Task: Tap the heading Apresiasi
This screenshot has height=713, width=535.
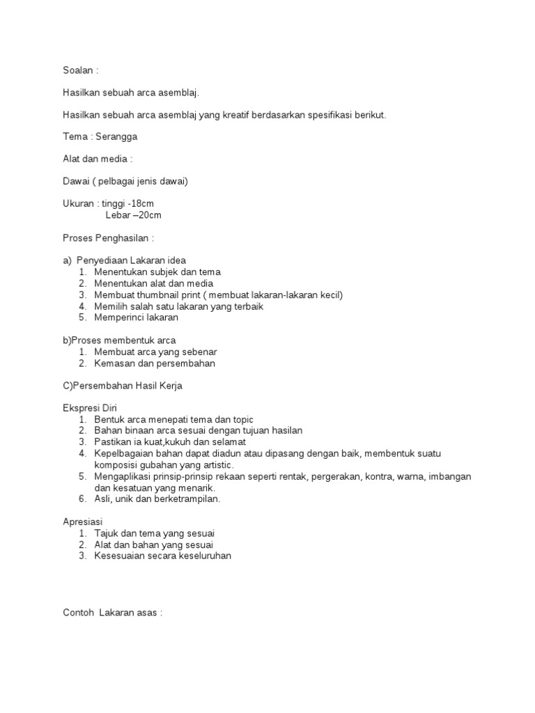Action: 82,521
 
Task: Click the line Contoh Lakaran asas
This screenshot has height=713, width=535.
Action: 113,613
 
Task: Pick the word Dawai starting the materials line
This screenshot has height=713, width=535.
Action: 75,181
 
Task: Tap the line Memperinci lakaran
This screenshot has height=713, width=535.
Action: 137,317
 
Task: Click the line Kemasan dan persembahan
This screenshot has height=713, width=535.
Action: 155,363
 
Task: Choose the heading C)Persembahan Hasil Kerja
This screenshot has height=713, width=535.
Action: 123,386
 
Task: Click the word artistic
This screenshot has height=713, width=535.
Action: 217,464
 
